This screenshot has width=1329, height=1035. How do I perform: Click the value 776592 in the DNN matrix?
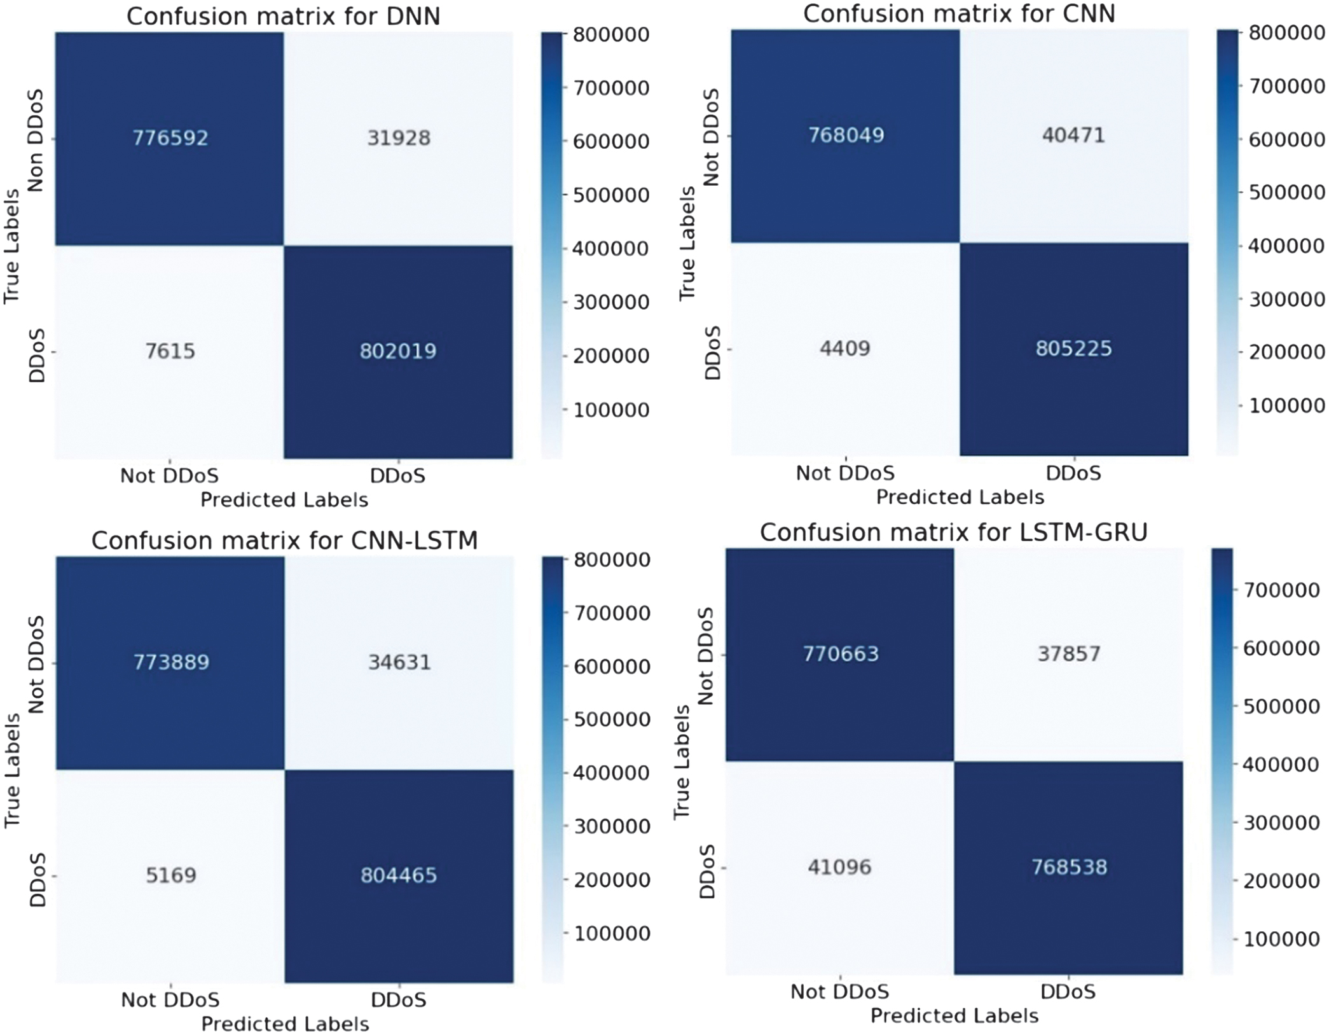170,138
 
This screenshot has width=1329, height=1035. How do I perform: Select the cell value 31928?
399,138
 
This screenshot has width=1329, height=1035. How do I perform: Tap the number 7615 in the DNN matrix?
170,351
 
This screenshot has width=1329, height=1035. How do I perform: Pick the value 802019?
398,351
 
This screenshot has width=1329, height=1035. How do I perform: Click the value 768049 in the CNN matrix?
846,135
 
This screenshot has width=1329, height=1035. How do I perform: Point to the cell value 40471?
1073,135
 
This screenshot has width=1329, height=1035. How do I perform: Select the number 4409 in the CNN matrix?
845,349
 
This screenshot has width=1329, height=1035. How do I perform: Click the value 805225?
1073,349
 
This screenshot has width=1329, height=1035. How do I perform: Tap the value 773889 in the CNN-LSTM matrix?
171,662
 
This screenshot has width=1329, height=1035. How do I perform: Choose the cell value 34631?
399,662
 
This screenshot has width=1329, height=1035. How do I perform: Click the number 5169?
171,875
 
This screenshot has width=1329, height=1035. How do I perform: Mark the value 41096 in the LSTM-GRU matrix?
840,867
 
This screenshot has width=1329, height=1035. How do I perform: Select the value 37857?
1069,654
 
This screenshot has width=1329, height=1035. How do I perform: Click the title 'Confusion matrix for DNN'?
284,17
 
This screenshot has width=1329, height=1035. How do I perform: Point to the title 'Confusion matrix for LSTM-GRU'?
954,532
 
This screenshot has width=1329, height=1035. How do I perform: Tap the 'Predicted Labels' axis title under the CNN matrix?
960,497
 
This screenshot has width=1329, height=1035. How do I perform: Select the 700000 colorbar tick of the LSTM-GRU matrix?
1281,590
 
